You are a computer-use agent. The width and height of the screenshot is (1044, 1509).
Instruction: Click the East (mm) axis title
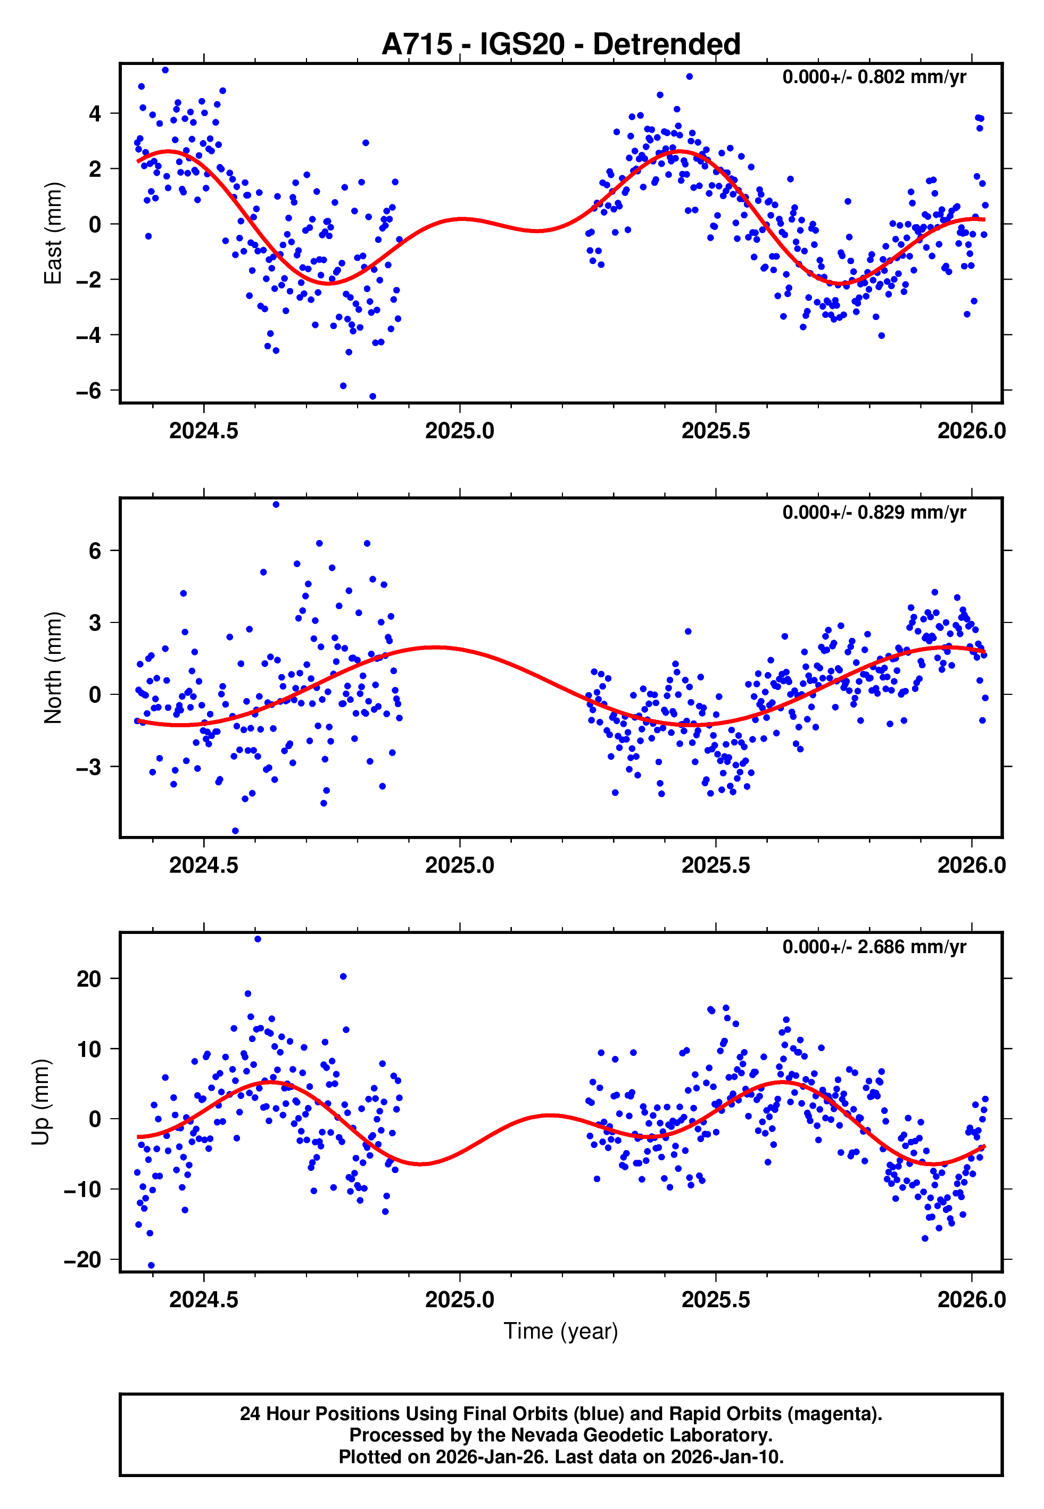52,233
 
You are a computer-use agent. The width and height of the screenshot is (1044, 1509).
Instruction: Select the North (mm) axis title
52,668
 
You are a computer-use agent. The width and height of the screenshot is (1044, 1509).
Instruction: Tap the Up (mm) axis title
40,1101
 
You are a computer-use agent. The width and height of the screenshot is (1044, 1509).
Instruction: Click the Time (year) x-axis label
561,1332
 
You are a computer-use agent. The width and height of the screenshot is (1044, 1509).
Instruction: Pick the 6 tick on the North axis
95,551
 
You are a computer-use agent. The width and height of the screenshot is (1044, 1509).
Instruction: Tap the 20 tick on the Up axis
88,979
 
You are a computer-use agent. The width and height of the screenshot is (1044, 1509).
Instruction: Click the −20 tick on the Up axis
82,1260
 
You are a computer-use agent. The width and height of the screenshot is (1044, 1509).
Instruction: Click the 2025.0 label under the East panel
459,431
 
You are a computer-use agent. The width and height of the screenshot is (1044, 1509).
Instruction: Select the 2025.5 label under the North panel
716,866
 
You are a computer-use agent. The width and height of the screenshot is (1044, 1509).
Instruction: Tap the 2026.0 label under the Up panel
972,1300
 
